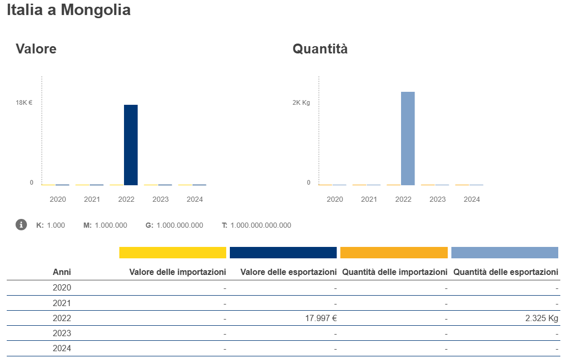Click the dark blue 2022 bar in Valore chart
click(x=131, y=145)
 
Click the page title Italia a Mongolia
click(x=68, y=10)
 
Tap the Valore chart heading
click(x=36, y=49)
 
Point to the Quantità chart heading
click(x=320, y=49)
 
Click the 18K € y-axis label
click(x=24, y=103)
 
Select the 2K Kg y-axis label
click(x=301, y=103)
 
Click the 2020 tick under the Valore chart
click(x=58, y=199)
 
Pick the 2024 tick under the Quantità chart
click(x=472, y=199)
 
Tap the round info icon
click(x=21, y=225)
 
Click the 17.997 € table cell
click(x=321, y=319)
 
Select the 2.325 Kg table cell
click(x=542, y=319)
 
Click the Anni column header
click(x=62, y=272)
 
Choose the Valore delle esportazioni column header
click(x=288, y=272)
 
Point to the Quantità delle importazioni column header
click(x=395, y=272)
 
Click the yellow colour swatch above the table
click(x=173, y=253)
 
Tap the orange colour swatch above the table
click(x=394, y=253)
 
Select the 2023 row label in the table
click(x=62, y=333)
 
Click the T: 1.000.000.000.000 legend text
click(x=256, y=225)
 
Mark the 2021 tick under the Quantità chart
click(x=369, y=199)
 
